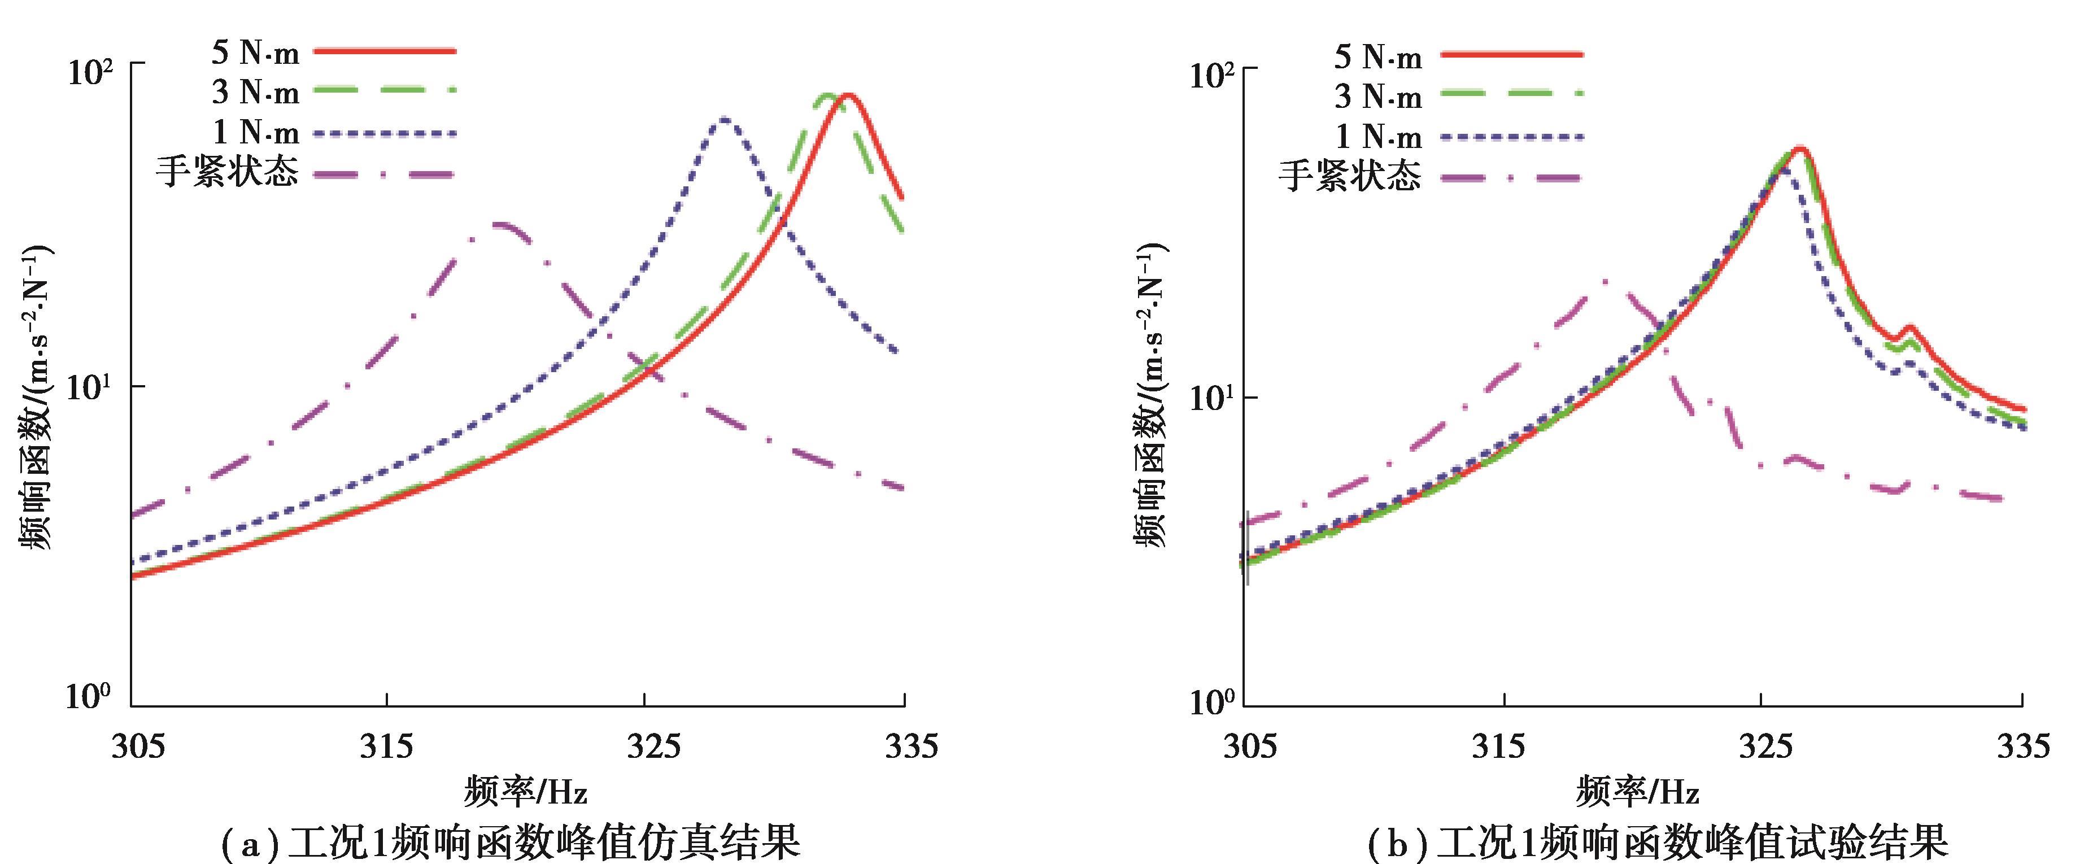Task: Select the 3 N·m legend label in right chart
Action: coord(1377,97)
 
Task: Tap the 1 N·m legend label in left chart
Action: coord(255,133)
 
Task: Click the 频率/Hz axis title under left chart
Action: coord(525,791)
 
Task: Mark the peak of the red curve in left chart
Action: coord(848,95)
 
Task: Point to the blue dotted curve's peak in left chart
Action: coord(724,120)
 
